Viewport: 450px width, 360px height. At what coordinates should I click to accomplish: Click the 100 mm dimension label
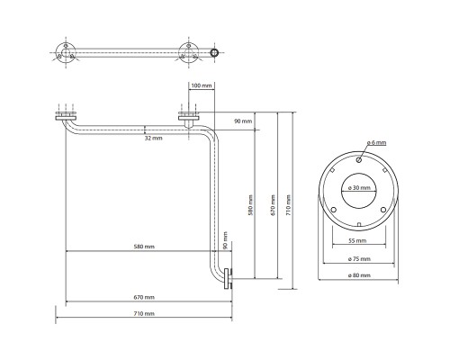tap(202, 85)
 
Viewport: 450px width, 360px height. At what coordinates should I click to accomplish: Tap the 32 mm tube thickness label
tap(153, 138)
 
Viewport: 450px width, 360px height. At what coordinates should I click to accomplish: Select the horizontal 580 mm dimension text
tap(144, 247)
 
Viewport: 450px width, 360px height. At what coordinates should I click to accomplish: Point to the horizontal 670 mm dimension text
tap(144, 297)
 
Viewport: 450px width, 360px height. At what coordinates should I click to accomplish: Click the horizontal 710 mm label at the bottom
tap(144, 313)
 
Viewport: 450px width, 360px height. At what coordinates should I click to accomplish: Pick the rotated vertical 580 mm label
tap(251, 204)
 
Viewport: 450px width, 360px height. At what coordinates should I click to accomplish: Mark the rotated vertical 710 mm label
tap(288, 204)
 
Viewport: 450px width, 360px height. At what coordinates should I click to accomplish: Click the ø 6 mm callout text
tap(376, 142)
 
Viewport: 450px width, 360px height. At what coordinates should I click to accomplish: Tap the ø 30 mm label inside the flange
tap(359, 188)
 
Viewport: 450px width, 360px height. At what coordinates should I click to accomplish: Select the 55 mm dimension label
tap(357, 240)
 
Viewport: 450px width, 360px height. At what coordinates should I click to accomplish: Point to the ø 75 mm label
tap(359, 258)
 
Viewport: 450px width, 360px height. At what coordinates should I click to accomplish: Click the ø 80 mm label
tap(359, 274)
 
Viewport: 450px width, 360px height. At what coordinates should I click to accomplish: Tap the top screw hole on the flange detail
tap(359, 160)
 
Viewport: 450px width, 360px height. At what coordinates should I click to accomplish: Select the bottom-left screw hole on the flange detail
tap(334, 210)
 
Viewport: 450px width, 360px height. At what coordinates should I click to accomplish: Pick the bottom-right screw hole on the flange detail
tap(383, 210)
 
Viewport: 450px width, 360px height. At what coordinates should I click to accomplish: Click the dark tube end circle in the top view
tap(214, 53)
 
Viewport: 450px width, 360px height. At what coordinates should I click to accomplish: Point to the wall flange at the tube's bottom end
tap(228, 278)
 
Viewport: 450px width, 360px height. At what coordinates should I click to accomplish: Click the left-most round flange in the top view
tap(66, 53)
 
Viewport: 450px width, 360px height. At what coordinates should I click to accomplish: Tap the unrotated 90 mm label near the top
tap(243, 121)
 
